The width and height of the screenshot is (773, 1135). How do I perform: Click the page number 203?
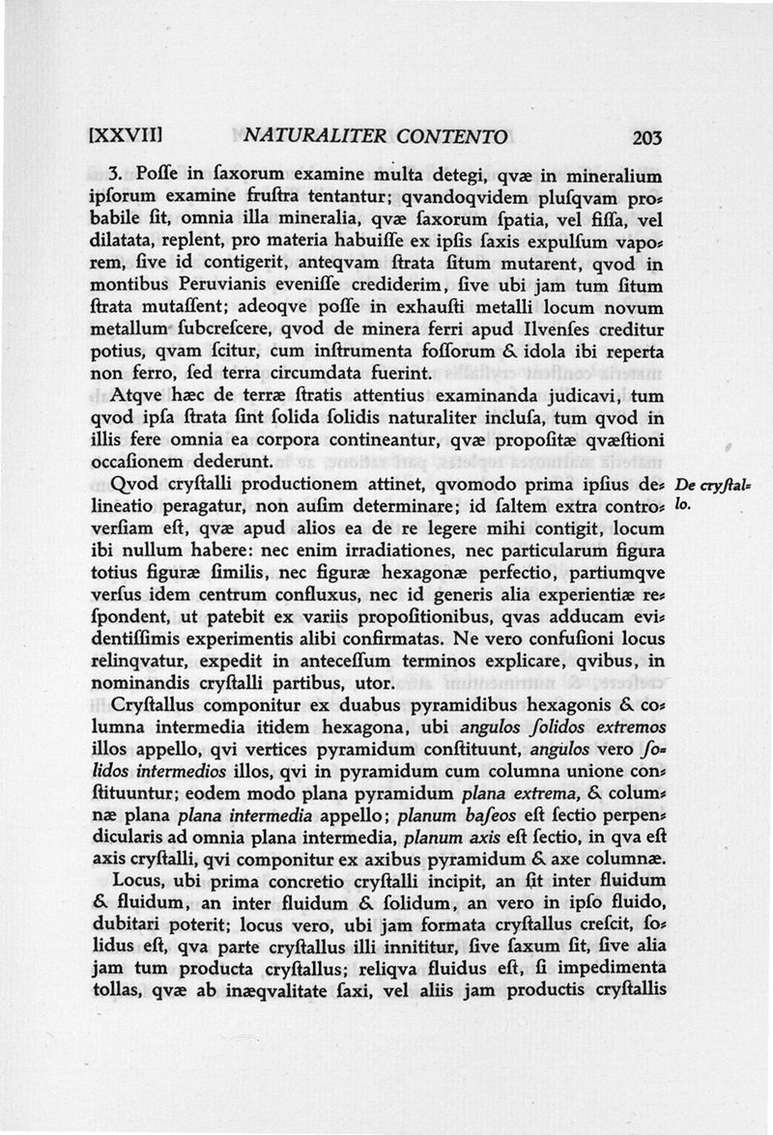pos(642,137)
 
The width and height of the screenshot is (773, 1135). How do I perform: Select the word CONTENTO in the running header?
pos(454,137)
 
